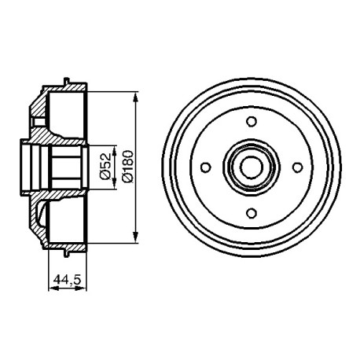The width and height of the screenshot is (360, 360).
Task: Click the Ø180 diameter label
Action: pyautogui.click(x=127, y=166)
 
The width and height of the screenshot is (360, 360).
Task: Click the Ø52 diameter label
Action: pyautogui.click(x=105, y=167)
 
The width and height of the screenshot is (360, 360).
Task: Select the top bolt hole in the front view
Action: pyautogui.click(x=252, y=121)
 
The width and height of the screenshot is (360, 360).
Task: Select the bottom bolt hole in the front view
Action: pyautogui.click(x=252, y=213)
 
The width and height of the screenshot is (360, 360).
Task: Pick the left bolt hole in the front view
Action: pyautogui.click(x=206, y=167)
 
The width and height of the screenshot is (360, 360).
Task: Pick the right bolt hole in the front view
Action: pyautogui.click(x=297, y=167)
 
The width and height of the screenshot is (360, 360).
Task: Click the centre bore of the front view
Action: pyautogui.click(x=252, y=167)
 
